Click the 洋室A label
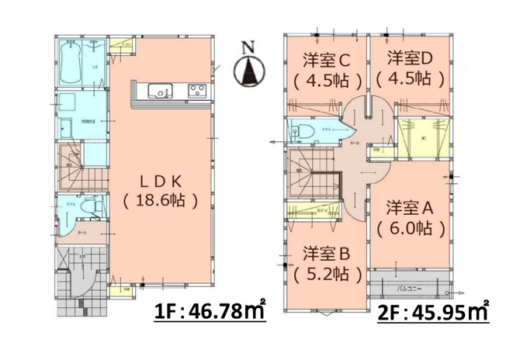[x=410, y=208]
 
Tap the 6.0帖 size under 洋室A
[x=410, y=230]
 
